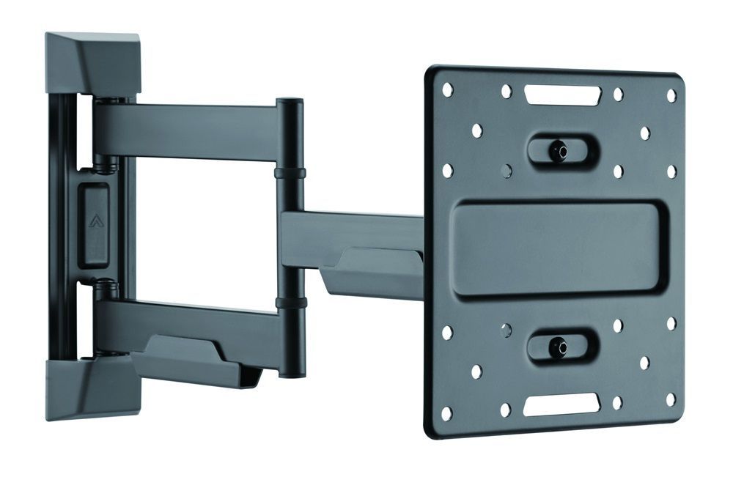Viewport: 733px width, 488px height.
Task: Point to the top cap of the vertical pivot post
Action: point(290,103)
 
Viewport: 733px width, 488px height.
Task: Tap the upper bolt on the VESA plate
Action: point(561,150)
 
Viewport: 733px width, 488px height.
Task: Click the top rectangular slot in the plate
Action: point(562,95)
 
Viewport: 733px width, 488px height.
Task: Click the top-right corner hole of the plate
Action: point(671,96)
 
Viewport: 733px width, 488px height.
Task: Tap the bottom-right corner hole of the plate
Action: point(670,399)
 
